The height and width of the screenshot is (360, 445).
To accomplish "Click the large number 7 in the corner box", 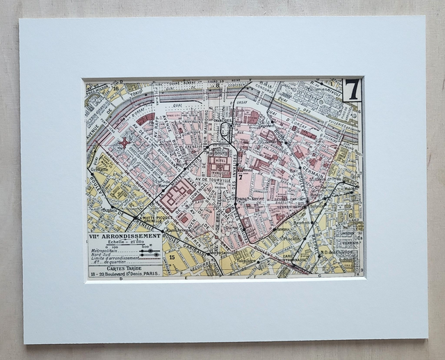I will pyautogui.click(x=353, y=90).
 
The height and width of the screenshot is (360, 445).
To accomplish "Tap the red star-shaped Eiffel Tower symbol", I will pyautogui.click(x=125, y=143).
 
